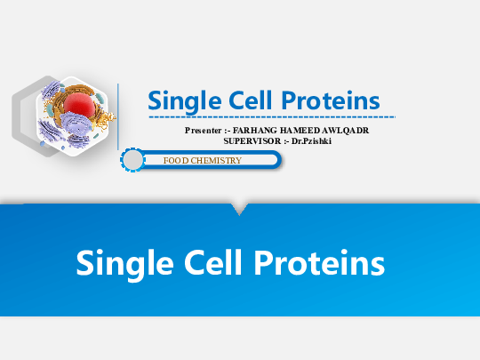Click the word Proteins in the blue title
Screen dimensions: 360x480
click(330, 100)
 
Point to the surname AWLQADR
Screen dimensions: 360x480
click(348, 131)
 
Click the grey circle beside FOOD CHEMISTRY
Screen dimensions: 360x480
click(132, 160)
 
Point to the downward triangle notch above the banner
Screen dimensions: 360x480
click(238, 209)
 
